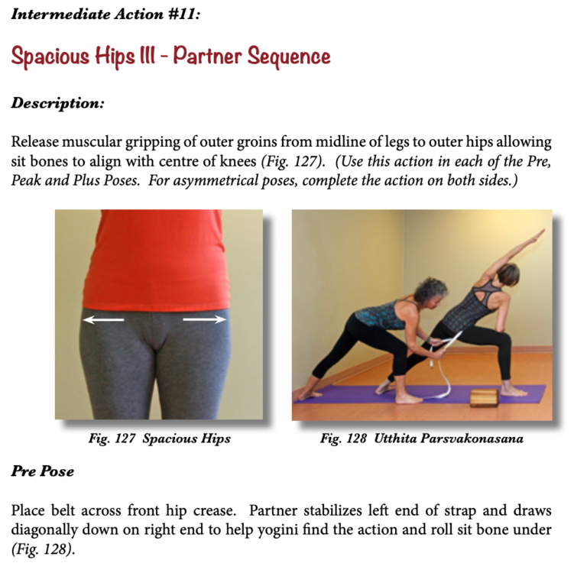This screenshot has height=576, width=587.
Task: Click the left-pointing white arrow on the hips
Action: point(103,319)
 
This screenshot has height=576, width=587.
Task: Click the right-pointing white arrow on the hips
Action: point(204,319)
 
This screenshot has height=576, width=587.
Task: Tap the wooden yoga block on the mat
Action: point(484,398)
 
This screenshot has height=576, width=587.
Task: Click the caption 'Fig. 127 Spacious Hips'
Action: point(160,438)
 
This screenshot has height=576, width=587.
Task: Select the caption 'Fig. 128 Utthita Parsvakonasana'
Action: point(422,438)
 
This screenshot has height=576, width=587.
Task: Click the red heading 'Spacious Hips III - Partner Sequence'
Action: point(170,57)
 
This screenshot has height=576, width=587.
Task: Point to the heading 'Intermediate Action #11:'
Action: point(105,15)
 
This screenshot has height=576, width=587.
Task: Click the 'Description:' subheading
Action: point(57,103)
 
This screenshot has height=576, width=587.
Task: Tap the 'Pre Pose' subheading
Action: point(42,471)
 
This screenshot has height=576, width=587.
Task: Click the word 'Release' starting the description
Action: point(35,142)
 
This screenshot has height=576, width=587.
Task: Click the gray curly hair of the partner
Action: point(433,290)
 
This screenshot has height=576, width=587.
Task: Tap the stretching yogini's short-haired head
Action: point(509,274)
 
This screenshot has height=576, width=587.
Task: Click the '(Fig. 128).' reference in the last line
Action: point(43,549)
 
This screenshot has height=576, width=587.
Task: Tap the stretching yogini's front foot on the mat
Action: point(514,391)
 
